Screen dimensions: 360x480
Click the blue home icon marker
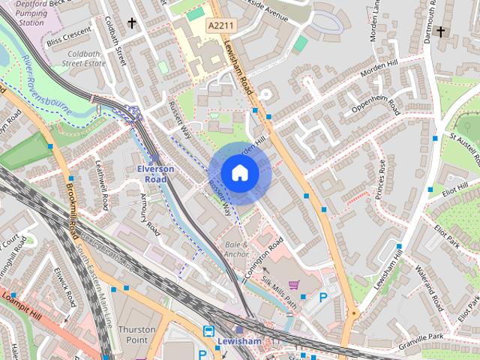click(x=240, y=173)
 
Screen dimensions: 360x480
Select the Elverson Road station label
click(x=155, y=174)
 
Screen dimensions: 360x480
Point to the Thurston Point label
click(x=136, y=334)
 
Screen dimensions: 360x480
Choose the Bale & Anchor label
click(x=237, y=250)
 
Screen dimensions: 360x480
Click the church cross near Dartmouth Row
click(x=440, y=32)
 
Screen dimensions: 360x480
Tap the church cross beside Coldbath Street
click(x=133, y=23)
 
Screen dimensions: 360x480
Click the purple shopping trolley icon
click(x=293, y=286)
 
